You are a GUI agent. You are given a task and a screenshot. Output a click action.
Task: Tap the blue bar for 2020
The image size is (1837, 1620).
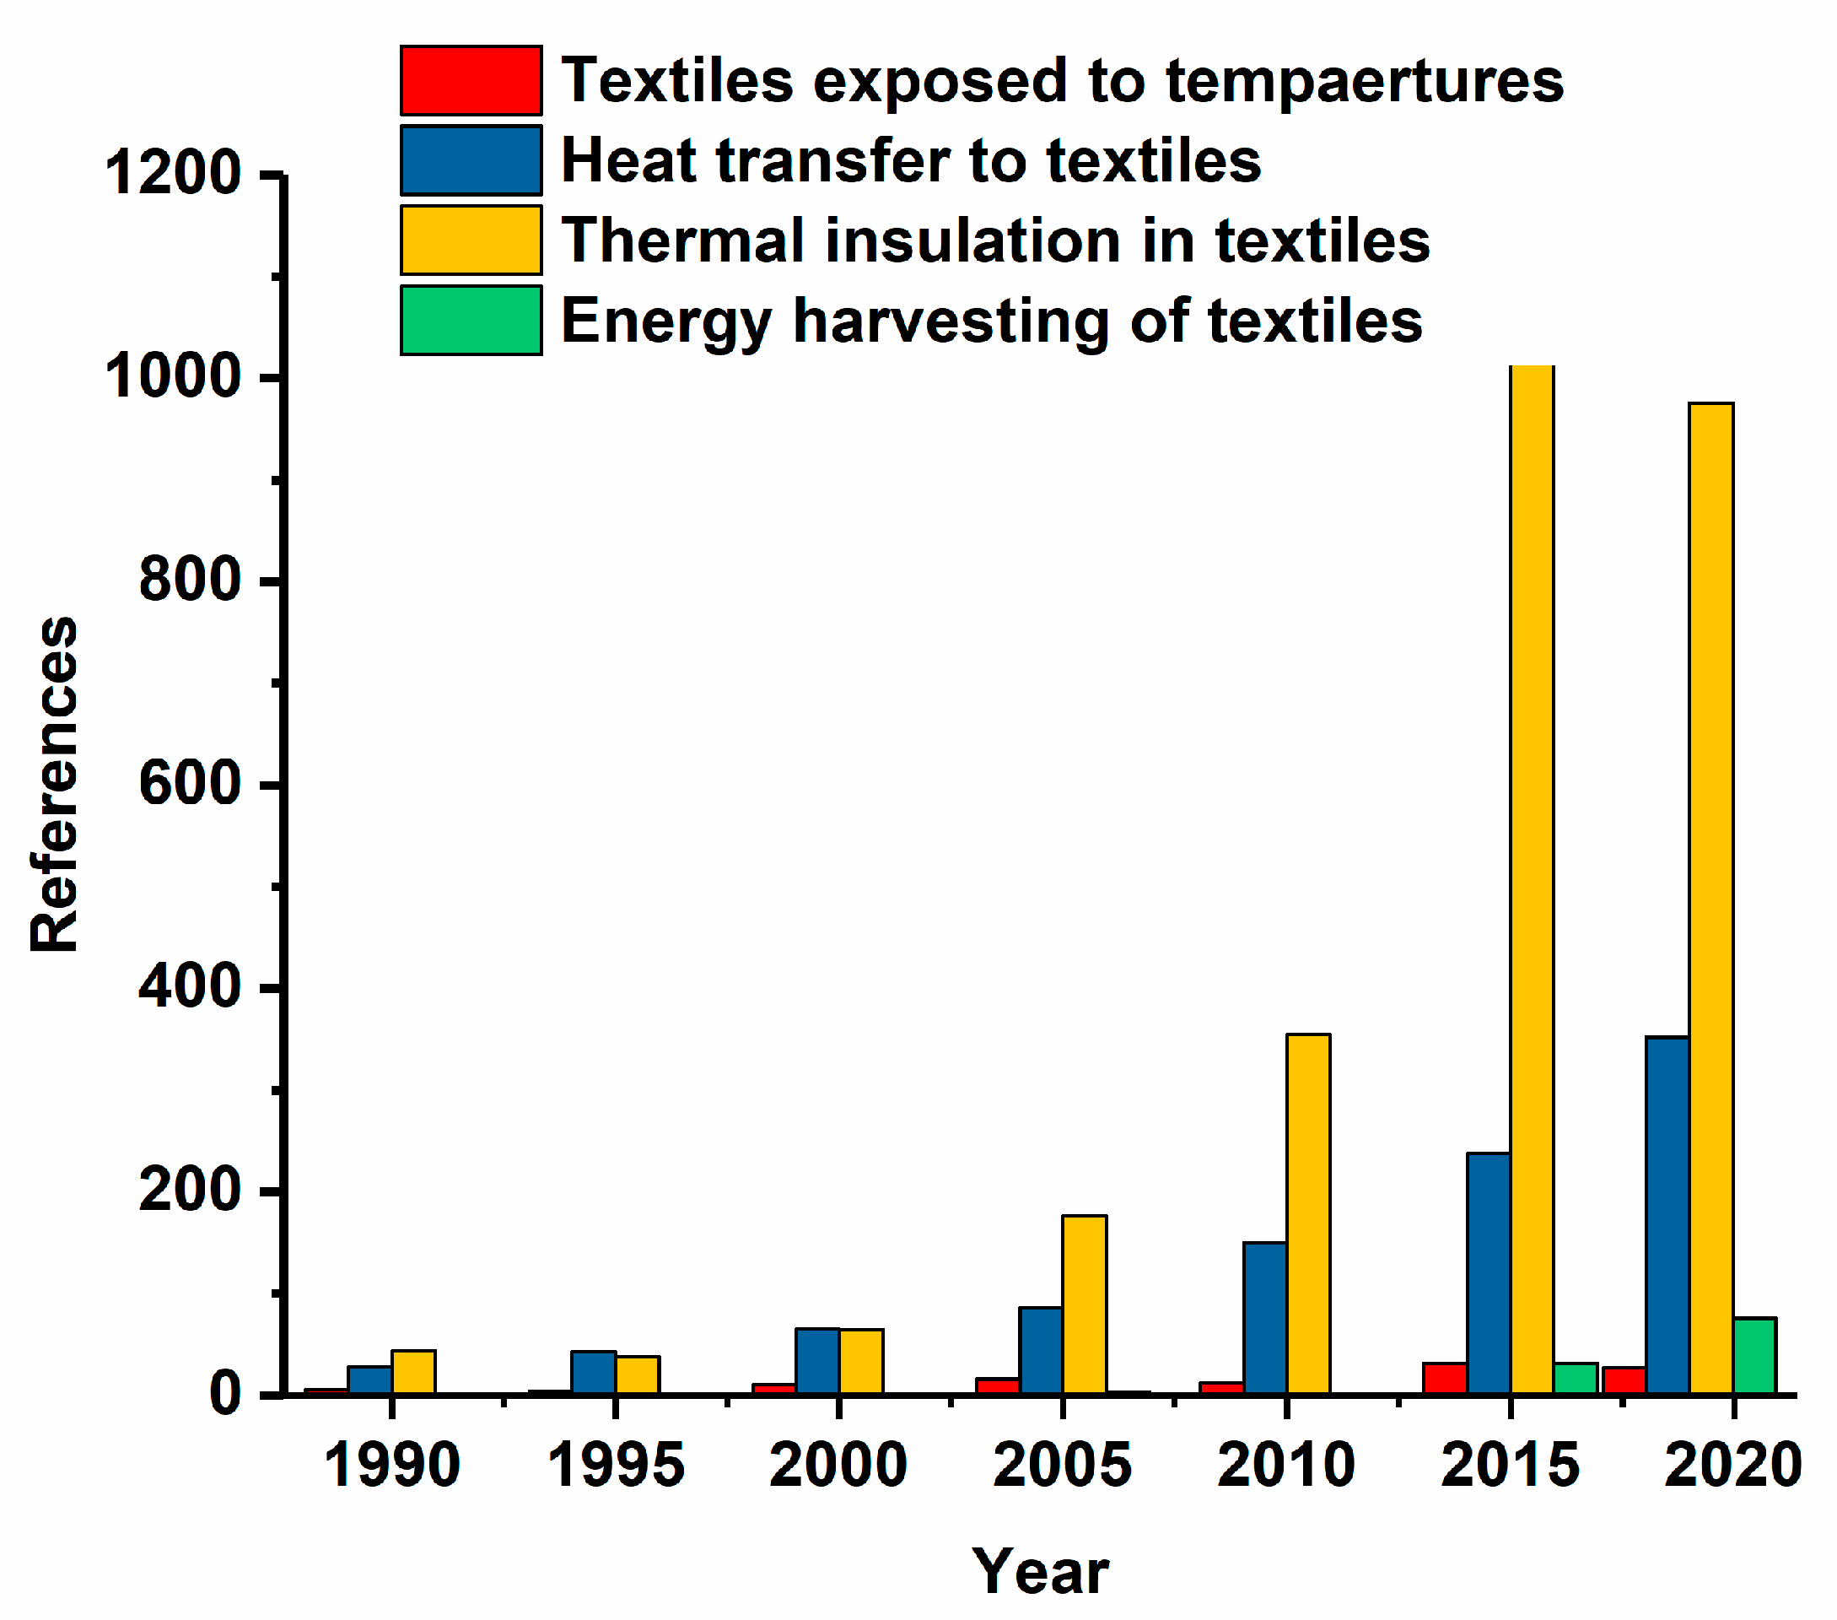pos(1667,1214)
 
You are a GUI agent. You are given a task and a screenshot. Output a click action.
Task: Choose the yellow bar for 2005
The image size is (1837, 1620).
pos(1084,1304)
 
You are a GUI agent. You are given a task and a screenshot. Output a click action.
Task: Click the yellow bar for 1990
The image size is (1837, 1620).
pos(413,1371)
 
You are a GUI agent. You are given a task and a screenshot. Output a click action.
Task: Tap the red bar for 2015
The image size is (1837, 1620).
pos(1444,1377)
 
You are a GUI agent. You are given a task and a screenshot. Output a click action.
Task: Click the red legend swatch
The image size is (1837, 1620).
pos(471,81)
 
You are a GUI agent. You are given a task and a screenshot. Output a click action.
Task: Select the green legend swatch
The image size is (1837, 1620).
pos(471,320)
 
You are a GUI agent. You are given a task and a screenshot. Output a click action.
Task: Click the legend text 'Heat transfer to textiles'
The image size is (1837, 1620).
pos(910,161)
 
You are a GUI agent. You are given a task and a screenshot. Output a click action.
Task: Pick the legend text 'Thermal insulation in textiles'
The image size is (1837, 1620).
pos(995,241)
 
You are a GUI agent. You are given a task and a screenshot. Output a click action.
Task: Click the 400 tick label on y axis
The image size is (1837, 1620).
pos(191,986)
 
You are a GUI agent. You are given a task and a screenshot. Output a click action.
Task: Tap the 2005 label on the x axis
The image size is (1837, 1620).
pos(1061,1466)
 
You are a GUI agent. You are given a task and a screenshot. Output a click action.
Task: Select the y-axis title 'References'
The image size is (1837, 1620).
pos(54,784)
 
